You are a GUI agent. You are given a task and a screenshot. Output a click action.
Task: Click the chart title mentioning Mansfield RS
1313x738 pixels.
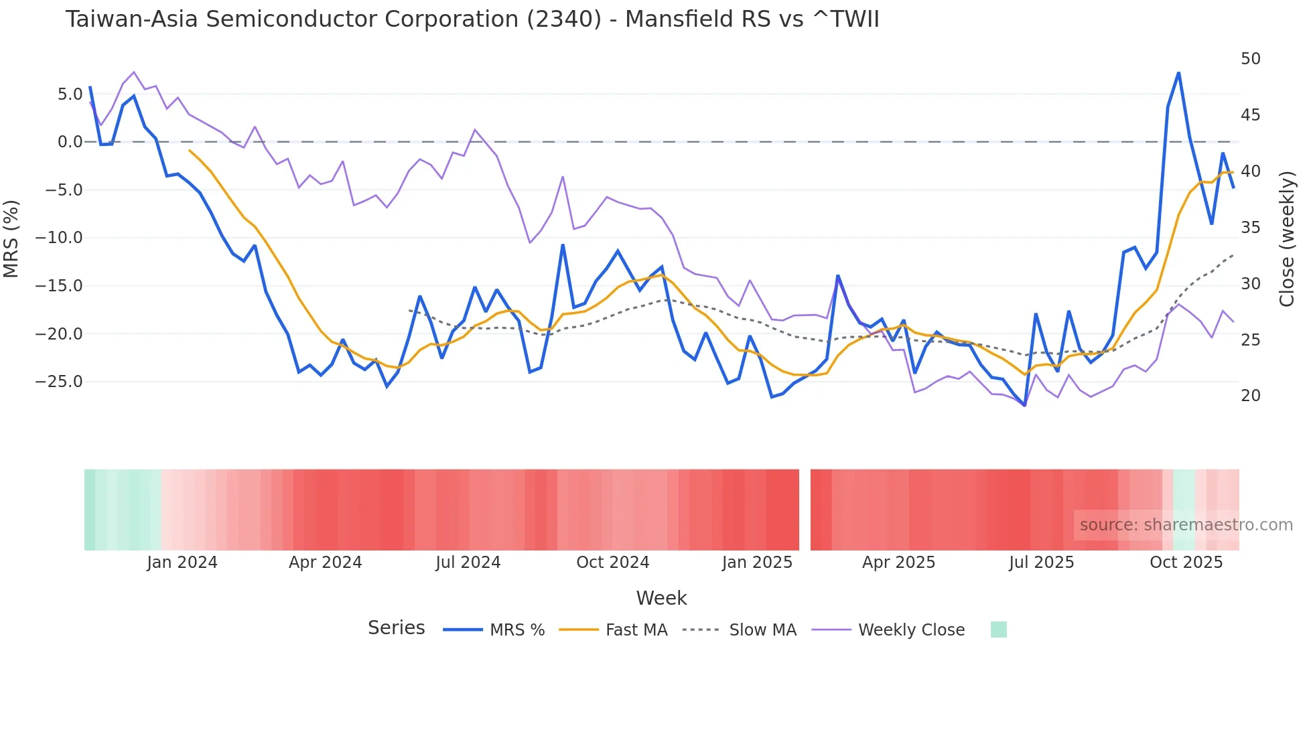472,19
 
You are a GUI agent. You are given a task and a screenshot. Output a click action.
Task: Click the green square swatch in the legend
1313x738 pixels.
998,630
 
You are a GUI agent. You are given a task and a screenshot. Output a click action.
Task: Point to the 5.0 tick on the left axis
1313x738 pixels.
70,94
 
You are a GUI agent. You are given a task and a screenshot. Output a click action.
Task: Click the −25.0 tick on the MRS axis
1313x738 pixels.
59,382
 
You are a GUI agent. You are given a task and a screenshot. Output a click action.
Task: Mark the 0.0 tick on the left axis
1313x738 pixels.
70,142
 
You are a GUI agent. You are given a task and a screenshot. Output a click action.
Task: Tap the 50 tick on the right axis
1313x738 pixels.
1250,59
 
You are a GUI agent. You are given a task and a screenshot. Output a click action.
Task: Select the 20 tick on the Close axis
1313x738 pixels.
1250,396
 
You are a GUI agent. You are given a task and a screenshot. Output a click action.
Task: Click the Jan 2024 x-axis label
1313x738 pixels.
182,563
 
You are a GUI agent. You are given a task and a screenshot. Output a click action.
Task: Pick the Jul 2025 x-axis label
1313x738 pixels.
1041,563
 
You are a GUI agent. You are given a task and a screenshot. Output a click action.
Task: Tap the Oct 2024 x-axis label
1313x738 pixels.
612,563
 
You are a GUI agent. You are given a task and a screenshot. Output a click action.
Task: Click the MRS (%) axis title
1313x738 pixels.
11,239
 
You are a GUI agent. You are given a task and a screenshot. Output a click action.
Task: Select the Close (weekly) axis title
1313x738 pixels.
1286,239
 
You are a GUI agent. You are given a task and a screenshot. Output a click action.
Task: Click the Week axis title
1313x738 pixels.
661,598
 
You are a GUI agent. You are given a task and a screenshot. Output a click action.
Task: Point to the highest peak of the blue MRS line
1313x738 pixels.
1178,72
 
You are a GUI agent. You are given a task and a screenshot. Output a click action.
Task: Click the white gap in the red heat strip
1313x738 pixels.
805,510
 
